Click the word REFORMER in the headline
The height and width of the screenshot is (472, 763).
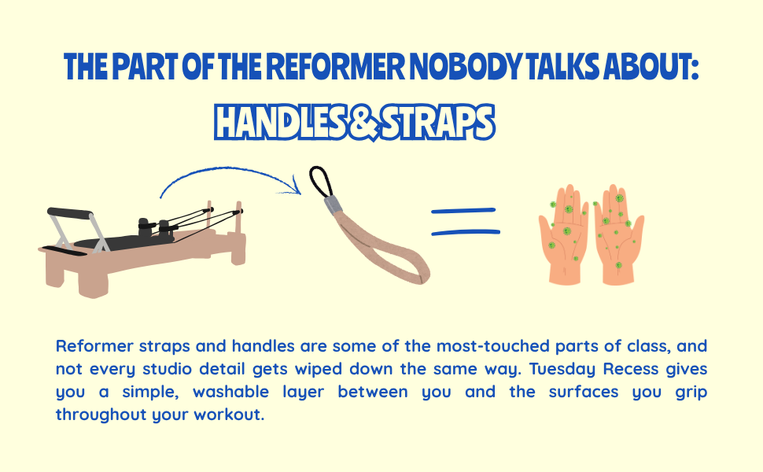[x=335, y=66]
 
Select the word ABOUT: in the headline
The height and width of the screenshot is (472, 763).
[x=651, y=66]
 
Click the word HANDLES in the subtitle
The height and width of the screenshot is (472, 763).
[x=280, y=122]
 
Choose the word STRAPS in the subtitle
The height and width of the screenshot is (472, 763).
[x=438, y=122]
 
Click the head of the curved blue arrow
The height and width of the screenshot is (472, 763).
[x=295, y=186]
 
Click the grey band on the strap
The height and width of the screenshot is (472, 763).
[x=333, y=205]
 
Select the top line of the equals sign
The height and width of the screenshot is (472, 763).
[x=463, y=211]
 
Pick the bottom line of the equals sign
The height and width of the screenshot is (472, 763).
[x=466, y=233]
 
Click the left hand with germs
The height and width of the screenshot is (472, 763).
[x=564, y=234]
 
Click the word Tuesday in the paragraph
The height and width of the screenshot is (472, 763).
[x=562, y=369]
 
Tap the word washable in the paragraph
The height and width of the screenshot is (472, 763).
[x=230, y=392]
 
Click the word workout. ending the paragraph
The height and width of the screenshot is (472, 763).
[x=229, y=415]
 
